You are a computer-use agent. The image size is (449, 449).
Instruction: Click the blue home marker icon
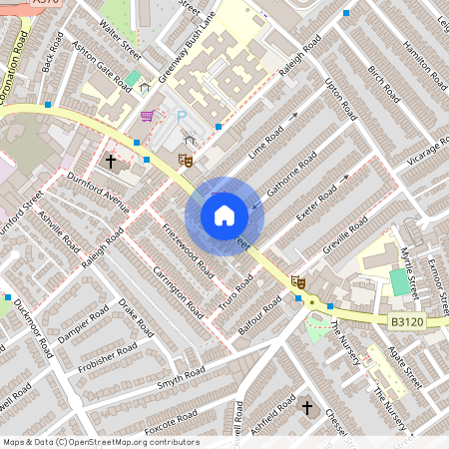pyautogui.click(x=224, y=216)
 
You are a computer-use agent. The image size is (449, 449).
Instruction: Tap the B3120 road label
pyautogui.click(x=405, y=321)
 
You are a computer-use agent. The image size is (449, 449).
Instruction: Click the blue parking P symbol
pyautogui.click(x=182, y=117)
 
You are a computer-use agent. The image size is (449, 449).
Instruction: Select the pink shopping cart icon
pyautogui.click(x=148, y=116)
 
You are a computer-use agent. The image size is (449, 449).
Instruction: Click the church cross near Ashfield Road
pyautogui.click(x=307, y=407)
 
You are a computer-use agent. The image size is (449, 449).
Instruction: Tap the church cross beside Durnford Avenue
pyautogui.click(x=110, y=159)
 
